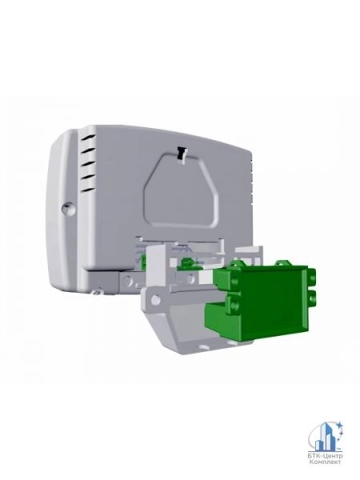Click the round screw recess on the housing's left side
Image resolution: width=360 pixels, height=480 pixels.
68,208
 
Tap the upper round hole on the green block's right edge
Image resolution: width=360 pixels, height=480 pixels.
312,278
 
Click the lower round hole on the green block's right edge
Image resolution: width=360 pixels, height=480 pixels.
312,297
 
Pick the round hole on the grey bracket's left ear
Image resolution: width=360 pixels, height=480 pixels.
155,300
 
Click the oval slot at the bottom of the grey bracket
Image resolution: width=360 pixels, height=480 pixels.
203,347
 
